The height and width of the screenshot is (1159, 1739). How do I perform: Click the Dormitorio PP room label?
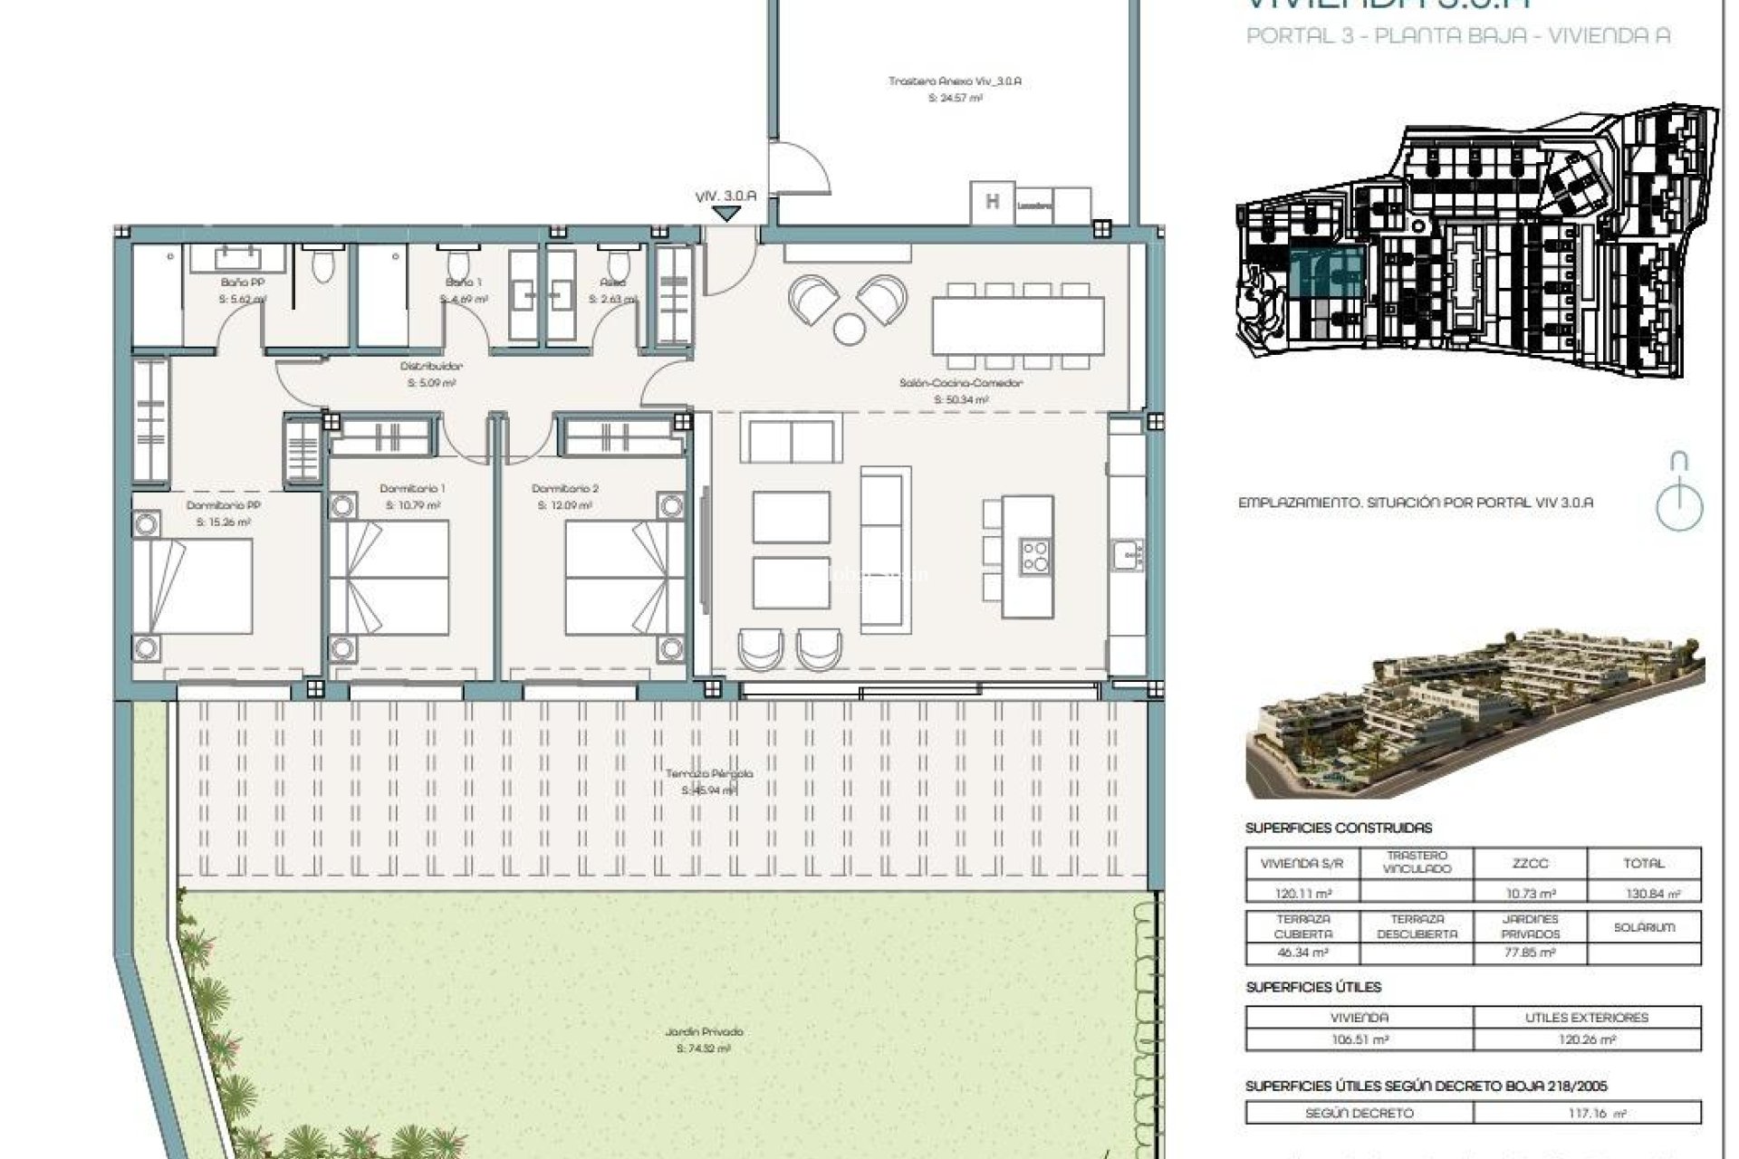pyautogui.click(x=224, y=505)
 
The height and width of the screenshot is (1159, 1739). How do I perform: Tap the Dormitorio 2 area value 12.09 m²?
pyautogui.click(x=564, y=505)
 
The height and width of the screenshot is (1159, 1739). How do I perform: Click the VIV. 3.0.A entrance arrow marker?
pyautogui.click(x=725, y=214)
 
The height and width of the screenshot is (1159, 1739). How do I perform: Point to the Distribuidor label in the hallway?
pyautogui.click(x=431, y=367)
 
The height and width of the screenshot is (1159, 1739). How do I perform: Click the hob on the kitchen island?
pyautogui.click(x=1035, y=557)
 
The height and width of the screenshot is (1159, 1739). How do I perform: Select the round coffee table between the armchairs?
pyautogui.click(x=849, y=329)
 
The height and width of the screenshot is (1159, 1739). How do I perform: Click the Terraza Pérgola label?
pyautogui.click(x=709, y=774)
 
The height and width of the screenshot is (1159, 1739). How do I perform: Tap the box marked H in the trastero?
pyautogui.click(x=992, y=203)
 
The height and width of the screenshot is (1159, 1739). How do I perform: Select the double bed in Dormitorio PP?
pyautogui.click(x=192, y=587)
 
